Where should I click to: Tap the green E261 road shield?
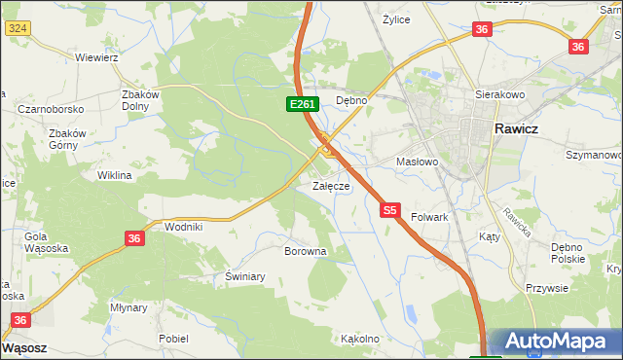point(301,103)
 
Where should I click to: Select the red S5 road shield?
point(390,209)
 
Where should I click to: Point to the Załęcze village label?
point(330,186)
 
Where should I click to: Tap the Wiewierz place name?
point(96,57)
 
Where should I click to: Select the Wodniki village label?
point(183,227)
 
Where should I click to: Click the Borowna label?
point(304,251)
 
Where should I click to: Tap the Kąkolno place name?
point(359,340)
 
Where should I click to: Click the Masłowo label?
point(418,162)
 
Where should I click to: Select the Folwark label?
point(429,217)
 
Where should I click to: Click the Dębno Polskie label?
point(568,252)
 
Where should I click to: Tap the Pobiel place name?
point(173,339)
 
